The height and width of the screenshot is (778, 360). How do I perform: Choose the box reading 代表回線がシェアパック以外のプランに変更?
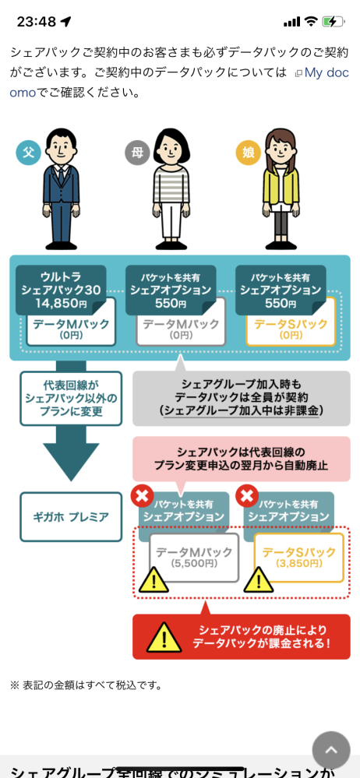(x=70, y=398)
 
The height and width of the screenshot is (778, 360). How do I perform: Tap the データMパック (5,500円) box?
(x=194, y=557)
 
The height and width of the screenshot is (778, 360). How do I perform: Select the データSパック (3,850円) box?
(x=298, y=557)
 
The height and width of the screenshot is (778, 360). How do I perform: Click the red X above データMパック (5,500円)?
(x=143, y=496)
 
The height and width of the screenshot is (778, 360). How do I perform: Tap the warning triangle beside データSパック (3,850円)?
(x=259, y=579)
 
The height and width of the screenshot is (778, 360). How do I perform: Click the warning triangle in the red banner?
(x=164, y=638)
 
